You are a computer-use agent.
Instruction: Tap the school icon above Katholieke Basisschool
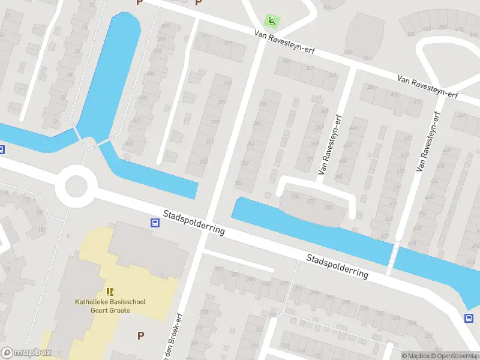[x=110, y=292]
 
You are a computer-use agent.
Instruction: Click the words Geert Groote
[x=110, y=311]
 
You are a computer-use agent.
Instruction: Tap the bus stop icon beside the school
[x=155, y=223]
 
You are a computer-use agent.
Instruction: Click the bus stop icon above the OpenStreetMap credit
[x=469, y=318]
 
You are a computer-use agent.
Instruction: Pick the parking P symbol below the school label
[x=141, y=335]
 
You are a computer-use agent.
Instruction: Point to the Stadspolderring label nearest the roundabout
[x=194, y=222]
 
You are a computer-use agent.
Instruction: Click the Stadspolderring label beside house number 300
[x=337, y=266]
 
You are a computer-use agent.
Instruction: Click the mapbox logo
[x=26, y=353]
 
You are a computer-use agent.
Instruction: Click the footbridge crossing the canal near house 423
[x=392, y=257]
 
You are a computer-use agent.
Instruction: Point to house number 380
[x=329, y=207]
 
